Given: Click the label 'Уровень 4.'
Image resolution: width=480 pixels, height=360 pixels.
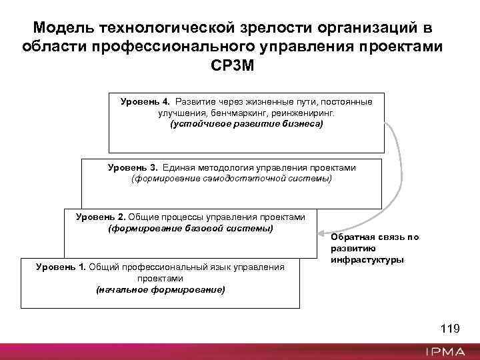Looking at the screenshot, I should tap(145, 102).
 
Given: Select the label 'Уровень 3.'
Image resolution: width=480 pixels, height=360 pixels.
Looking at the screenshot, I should tap(133, 168).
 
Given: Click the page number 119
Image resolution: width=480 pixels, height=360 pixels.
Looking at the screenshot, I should tap(450, 328).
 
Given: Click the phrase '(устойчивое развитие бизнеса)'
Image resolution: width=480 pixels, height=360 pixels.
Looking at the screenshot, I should tap(246, 124).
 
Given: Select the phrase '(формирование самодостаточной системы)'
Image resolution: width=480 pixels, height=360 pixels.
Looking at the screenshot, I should tap(231, 179).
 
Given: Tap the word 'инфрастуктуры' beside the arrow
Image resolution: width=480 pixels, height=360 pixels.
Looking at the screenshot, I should tap(367, 259).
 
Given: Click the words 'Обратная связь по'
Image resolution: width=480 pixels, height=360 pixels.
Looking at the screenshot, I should tap(375, 237).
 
